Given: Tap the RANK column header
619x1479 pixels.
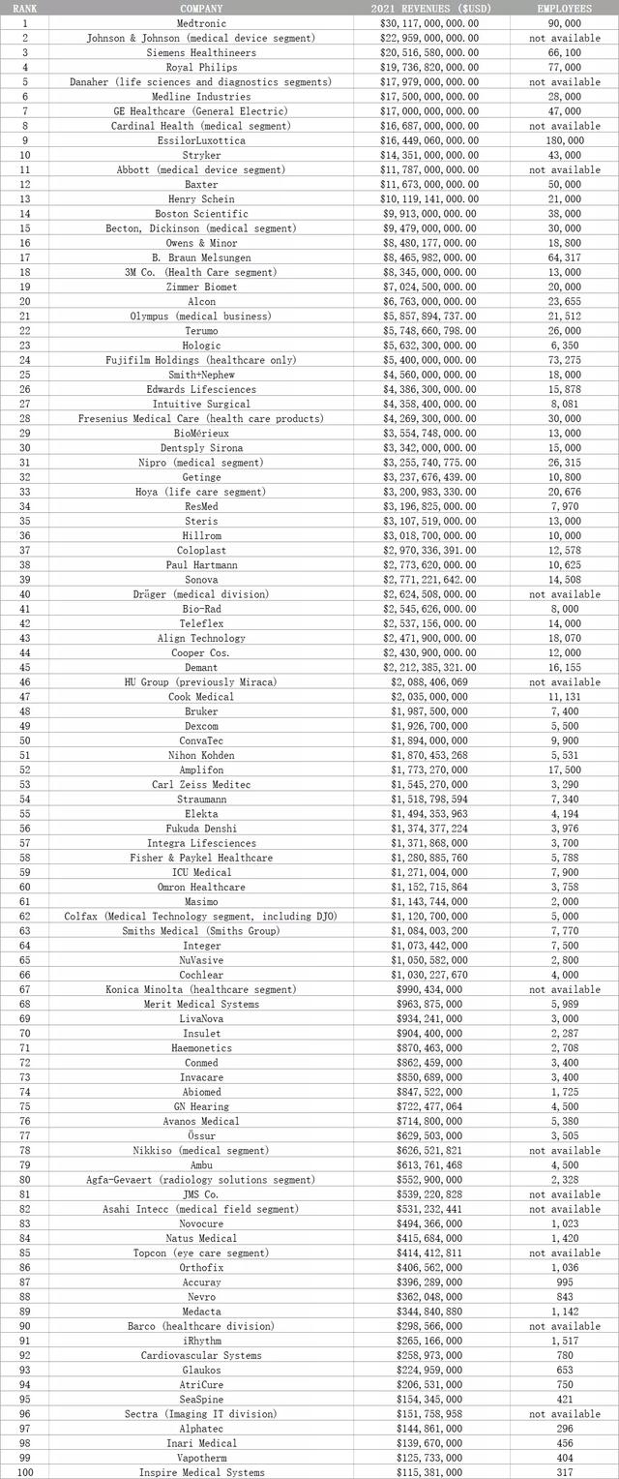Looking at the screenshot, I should pos(24,8).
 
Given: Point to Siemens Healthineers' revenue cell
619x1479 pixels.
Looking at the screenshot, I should pos(424,52).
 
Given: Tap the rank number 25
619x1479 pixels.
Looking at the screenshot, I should pos(24,375).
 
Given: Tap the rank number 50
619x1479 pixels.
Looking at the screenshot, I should pos(24,739).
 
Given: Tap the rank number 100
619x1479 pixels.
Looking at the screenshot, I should pos(24,1471).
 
